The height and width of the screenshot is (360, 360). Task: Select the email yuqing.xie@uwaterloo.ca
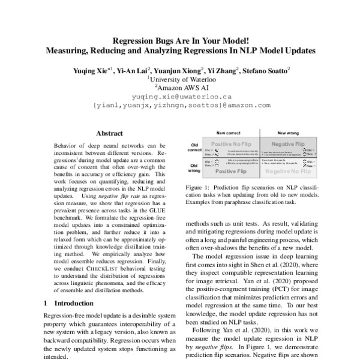point(180,96)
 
